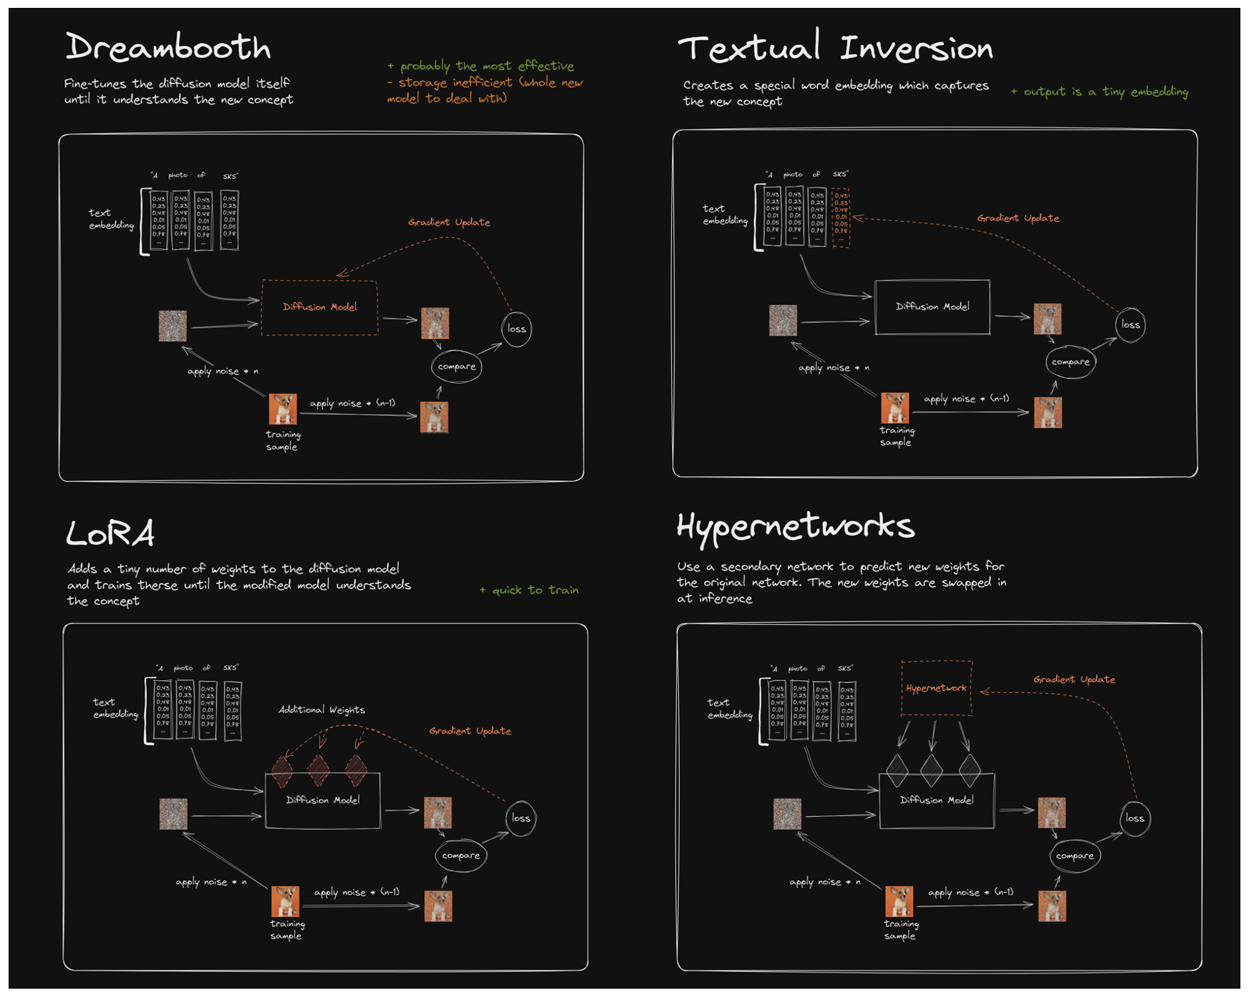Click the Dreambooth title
tap(168, 47)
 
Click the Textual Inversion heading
tap(835, 48)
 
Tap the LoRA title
tap(110, 533)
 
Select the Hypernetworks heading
tap(795, 527)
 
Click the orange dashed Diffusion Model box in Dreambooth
tap(319, 307)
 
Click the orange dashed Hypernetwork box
tap(936, 688)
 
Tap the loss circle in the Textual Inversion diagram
tap(1130, 325)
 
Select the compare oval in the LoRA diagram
tap(460, 856)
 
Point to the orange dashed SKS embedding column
tap(841, 218)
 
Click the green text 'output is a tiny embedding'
tap(1099, 92)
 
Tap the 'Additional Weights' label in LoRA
tap(322, 709)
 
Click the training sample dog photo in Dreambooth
tap(283, 409)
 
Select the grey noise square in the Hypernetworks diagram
tap(787, 814)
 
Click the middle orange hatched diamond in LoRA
tap(319, 770)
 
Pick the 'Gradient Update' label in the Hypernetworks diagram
tap(1074, 679)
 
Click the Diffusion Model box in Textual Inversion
tap(932, 306)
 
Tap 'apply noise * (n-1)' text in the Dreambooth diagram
tap(352, 403)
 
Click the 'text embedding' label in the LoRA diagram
tap(115, 708)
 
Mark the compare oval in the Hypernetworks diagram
tap(1074, 856)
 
